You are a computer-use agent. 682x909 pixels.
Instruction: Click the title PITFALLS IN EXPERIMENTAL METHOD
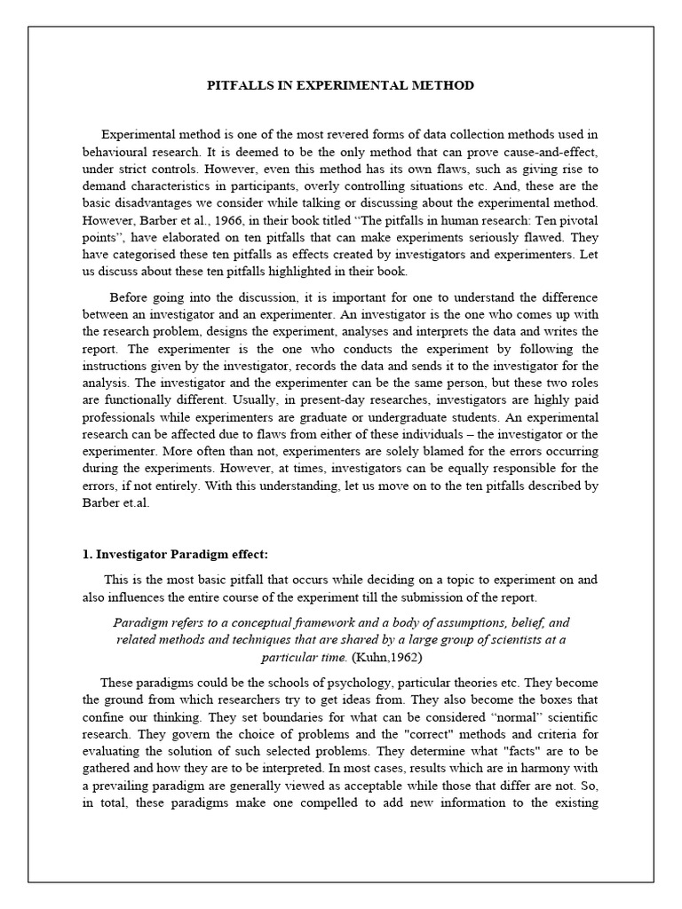(340, 85)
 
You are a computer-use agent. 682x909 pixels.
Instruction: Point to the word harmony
(548, 768)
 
